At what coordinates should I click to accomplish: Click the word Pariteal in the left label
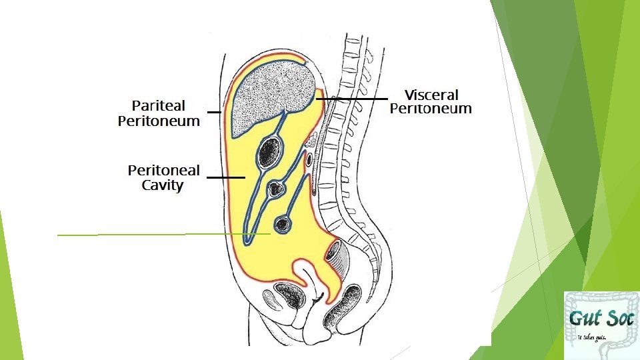click(159, 105)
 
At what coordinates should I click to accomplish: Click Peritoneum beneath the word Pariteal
click(159, 121)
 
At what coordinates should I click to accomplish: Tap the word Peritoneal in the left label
click(163, 170)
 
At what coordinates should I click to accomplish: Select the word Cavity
click(163, 185)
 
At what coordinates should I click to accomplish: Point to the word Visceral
click(431, 95)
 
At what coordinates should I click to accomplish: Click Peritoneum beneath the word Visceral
click(431, 109)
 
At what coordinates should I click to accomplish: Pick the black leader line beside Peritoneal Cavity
click(225, 178)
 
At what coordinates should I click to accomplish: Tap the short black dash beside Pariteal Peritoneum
click(213, 113)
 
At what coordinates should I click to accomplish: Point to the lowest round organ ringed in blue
click(283, 223)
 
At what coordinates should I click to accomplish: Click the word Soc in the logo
click(617, 317)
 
